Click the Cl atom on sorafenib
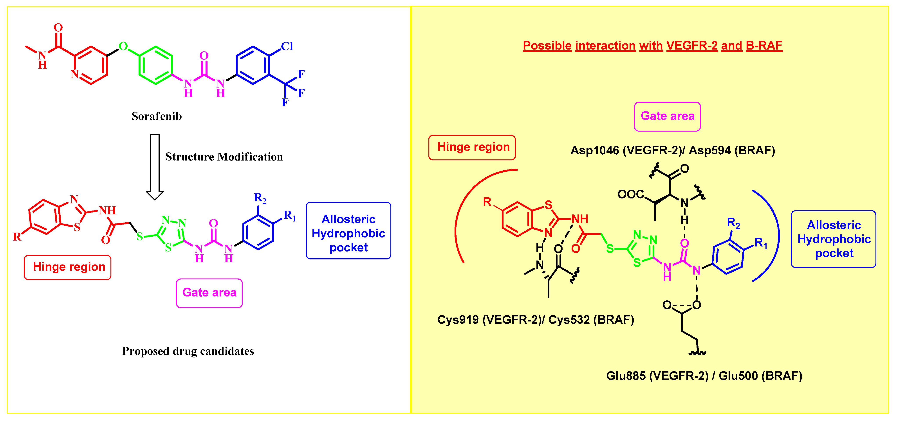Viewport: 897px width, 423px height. pos(287,46)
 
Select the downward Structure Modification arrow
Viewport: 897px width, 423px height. pos(155,167)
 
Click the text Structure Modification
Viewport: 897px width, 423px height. pos(224,157)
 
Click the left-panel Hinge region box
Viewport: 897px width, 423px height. pos(68,267)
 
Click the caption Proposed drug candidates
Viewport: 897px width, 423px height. pos(188,351)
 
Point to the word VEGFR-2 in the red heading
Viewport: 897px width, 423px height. pos(692,46)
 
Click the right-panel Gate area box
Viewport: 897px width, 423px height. pos(667,116)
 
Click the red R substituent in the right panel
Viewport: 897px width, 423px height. pos(487,202)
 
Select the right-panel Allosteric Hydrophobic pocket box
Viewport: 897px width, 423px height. pos(833,239)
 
